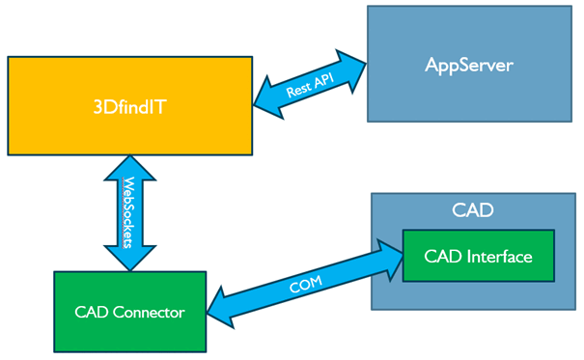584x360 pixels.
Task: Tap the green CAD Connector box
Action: pos(130,312)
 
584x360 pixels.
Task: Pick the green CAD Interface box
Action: pos(478,256)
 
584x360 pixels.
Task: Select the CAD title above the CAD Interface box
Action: pos(472,209)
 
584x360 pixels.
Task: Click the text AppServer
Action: pos(469,65)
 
